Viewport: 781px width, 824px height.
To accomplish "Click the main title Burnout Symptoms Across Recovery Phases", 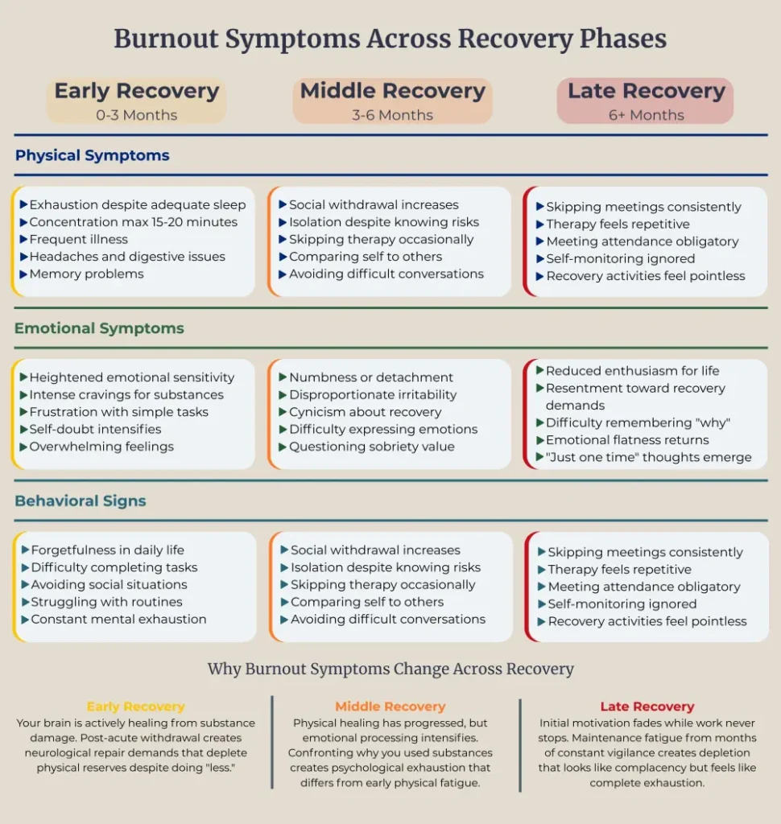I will (390, 39).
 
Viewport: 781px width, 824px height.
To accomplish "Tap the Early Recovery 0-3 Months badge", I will (136, 101).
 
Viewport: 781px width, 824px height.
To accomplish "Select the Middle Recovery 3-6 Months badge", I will (392, 101).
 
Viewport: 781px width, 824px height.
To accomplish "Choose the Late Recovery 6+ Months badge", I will (646, 101).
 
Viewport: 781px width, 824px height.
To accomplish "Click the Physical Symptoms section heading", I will (92, 155).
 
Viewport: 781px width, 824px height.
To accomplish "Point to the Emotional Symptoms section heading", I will (99, 328).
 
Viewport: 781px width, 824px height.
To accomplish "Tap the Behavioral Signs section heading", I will (81, 501).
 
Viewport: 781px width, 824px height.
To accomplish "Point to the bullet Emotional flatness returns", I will (627, 440).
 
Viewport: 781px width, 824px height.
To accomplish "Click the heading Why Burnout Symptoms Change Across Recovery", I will (390, 669).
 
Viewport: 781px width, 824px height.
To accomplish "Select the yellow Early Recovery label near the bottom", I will (135, 707).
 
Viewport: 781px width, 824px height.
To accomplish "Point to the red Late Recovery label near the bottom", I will (647, 707).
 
